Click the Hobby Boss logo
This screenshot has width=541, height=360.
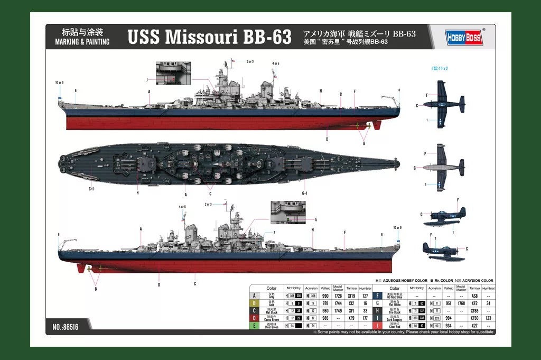463,36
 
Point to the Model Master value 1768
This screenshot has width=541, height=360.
461,303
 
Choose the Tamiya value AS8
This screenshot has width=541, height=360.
474,296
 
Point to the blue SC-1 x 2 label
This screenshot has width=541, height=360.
440,68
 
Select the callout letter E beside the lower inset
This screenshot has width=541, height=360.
315,219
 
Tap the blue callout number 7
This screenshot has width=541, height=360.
274,233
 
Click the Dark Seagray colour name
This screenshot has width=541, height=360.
394,319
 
